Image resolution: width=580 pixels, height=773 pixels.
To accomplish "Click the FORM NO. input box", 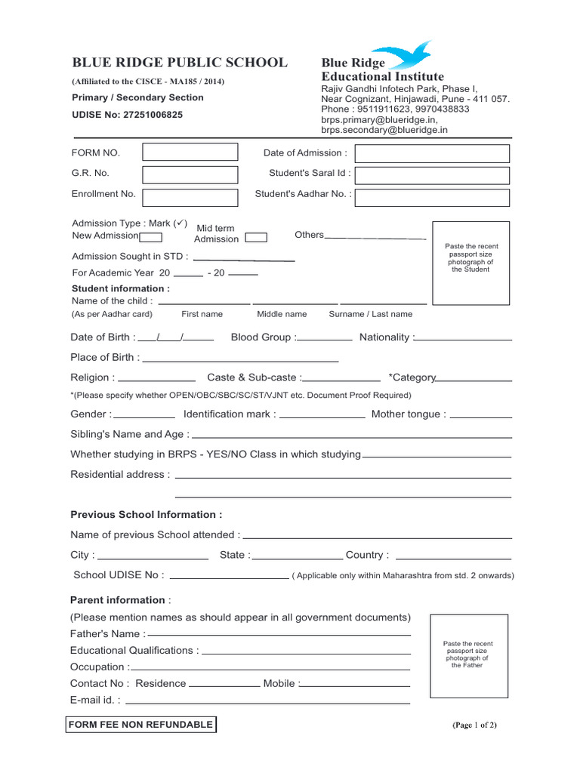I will pos(190,153).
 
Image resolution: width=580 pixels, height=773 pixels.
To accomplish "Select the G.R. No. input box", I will pos(190,174).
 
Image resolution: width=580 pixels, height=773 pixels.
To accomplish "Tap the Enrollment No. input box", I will pos(190,197).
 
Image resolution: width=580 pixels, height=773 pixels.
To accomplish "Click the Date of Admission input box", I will pos(432,154).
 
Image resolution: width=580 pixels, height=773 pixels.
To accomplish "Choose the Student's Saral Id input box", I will pos(432,175).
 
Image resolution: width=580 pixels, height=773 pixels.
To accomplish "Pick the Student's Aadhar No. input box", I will pos(432,197).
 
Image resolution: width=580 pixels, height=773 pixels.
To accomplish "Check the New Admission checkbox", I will pos(151,236).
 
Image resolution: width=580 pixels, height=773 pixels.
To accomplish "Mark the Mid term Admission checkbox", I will pos(256,238).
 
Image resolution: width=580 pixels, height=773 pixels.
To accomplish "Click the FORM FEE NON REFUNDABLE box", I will pos(141,725).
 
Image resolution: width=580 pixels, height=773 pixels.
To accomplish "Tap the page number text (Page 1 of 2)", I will pos(474,725).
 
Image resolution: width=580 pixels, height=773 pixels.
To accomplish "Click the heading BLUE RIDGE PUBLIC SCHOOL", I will pos(179,63).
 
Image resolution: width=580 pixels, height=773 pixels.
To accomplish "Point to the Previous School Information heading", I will pos(147,515).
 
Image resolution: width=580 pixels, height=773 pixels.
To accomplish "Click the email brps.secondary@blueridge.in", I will pos(384,130).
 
